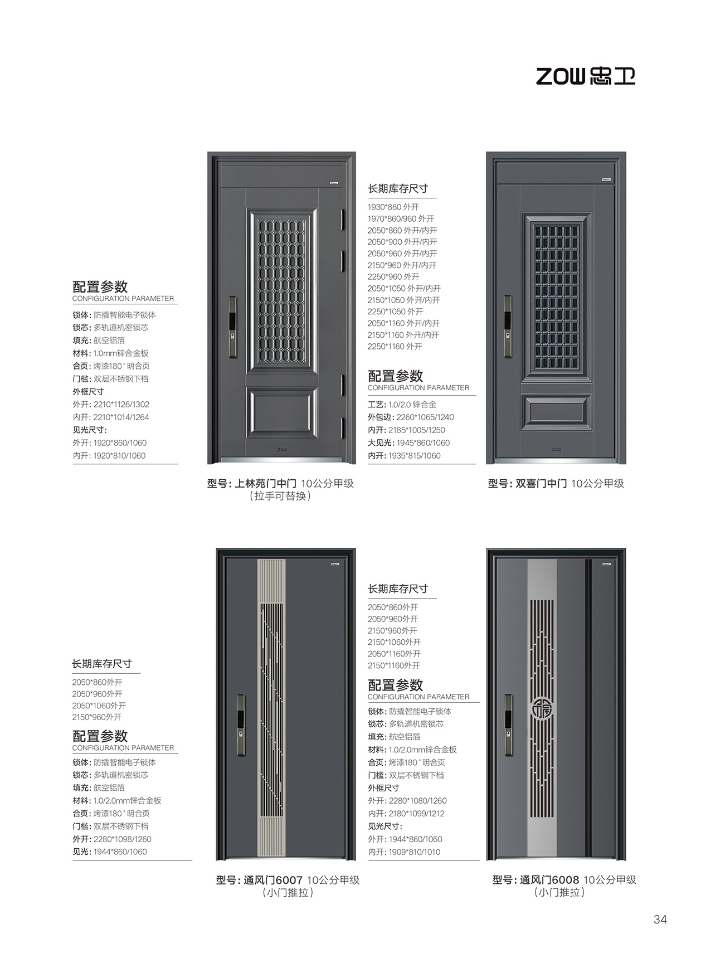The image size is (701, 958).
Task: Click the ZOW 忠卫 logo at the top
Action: point(585,76)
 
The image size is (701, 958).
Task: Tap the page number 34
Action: point(660,920)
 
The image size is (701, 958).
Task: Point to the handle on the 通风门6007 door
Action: point(241,724)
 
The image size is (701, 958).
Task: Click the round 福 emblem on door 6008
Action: point(541,708)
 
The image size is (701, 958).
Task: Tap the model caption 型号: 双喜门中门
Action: point(527,484)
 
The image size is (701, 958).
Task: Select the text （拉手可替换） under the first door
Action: point(280,496)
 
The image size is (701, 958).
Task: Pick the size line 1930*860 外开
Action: point(393,207)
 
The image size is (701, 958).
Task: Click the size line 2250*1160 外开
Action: point(395,347)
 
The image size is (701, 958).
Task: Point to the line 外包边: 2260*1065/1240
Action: point(411,417)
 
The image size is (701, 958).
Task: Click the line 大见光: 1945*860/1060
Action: point(408,443)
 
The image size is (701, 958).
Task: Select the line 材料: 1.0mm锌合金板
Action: point(110,353)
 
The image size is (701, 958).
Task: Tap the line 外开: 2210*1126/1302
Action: point(111,405)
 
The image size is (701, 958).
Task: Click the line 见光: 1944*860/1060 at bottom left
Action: point(110,852)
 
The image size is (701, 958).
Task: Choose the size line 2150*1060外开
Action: point(394,642)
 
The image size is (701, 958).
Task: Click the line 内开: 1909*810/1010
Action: point(404,852)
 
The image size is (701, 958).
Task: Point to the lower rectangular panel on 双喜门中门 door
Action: point(556,413)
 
